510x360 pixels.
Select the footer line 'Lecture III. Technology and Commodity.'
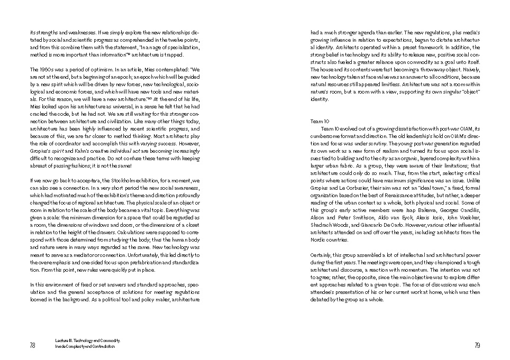[87, 341]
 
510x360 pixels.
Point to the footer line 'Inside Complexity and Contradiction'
[85, 347]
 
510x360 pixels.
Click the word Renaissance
[411, 195]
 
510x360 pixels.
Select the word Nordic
[319, 239]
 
